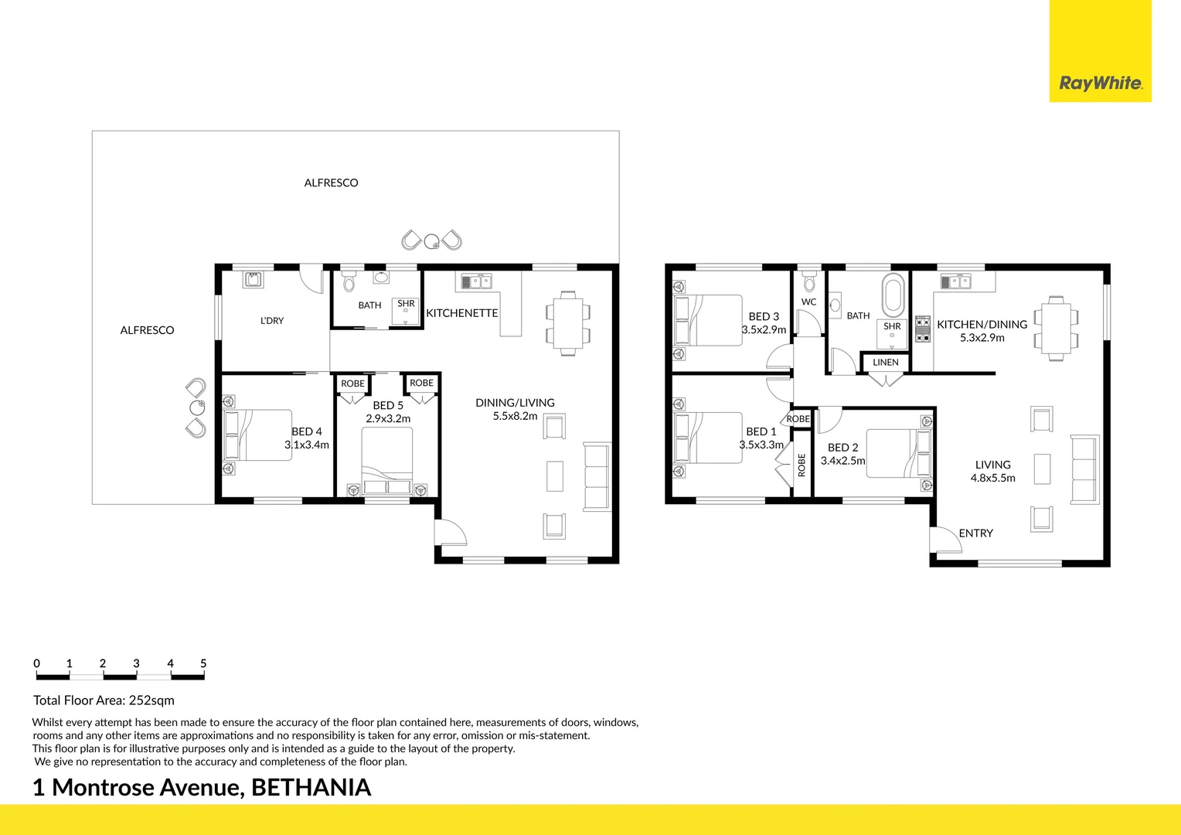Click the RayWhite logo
coord(1100,83)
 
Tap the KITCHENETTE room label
coord(461,313)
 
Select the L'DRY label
coord(272,321)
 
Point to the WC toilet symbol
coord(809,281)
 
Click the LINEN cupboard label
coord(886,363)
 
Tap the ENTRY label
coord(975,533)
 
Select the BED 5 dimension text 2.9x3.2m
coord(388,419)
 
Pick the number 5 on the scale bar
coord(203,663)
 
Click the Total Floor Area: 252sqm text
coord(104,700)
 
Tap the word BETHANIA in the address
coord(311,788)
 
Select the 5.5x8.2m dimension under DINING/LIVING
coord(515,416)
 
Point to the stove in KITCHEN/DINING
coord(923,329)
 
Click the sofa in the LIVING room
coord(1084,469)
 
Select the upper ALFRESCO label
coord(331,183)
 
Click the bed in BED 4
coord(258,435)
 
